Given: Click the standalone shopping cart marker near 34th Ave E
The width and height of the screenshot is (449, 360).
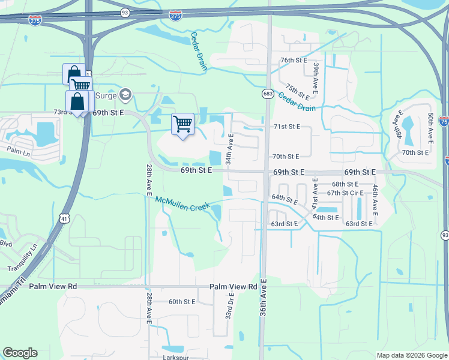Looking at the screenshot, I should [x=182, y=124].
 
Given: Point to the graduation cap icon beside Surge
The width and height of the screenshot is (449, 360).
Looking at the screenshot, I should [x=125, y=94].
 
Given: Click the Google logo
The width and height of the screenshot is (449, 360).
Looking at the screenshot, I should [x=20, y=353].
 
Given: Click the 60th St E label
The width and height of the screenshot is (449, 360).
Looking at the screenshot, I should [x=182, y=302].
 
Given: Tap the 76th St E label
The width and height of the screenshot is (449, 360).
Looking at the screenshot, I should [x=294, y=61].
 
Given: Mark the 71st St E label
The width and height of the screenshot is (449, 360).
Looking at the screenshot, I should [x=286, y=127].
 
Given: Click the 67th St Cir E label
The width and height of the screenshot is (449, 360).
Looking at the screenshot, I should [x=346, y=193].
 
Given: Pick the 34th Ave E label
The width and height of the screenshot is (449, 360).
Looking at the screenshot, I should [x=230, y=149].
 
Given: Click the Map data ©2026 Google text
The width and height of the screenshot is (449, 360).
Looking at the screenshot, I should [x=411, y=355].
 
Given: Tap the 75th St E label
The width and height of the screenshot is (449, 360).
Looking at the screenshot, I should [x=297, y=92].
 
